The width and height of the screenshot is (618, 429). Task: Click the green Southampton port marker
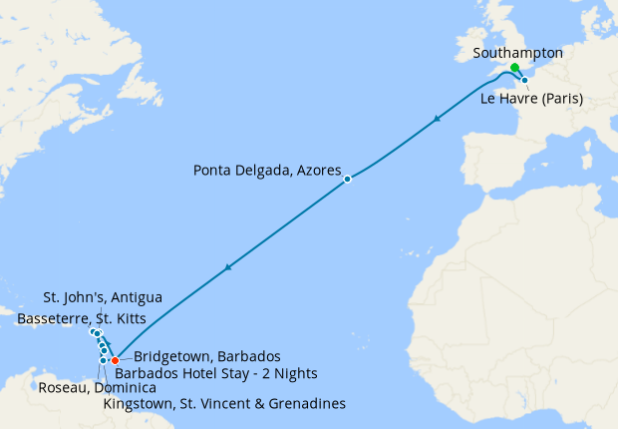click(514, 68)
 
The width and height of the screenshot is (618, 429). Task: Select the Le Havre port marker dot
click(524, 80)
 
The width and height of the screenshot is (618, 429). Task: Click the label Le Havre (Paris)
click(531, 98)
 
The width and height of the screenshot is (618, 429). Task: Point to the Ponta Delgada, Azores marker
click(348, 180)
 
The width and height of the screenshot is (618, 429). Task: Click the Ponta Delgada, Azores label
click(267, 169)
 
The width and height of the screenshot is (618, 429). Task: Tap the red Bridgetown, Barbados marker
click(116, 360)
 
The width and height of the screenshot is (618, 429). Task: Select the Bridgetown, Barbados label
click(206, 356)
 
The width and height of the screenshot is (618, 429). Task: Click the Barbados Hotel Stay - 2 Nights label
click(217, 374)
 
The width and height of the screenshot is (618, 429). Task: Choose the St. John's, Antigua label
click(103, 297)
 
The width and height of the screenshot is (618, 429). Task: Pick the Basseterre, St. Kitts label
click(82, 318)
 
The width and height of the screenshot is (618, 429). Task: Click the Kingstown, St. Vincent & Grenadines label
click(224, 404)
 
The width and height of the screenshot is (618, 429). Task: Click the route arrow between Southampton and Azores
click(437, 120)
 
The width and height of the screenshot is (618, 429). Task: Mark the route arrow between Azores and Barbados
click(229, 267)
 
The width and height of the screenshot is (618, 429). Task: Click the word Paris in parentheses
click(560, 98)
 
